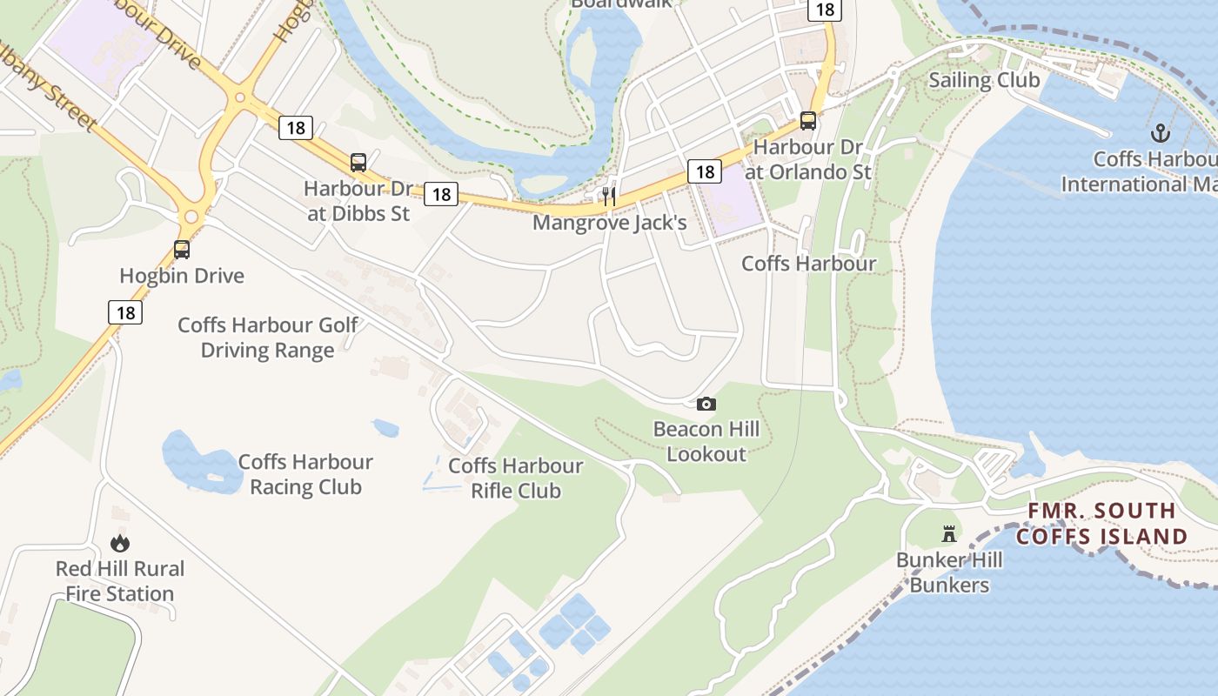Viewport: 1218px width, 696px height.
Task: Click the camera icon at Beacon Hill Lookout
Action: coord(706,404)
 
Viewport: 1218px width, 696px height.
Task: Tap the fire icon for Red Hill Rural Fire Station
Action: coord(120,543)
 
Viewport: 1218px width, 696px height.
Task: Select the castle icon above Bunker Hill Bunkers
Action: coord(949,533)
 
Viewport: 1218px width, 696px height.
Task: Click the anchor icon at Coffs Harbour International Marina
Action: coord(1160,133)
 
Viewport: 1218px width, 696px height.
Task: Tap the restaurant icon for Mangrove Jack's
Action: coord(609,197)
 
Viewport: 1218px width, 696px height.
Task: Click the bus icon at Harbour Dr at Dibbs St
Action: coord(358,162)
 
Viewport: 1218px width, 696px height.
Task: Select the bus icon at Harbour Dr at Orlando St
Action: coord(808,121)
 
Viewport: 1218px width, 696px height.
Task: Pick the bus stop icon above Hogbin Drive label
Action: coord(182,250)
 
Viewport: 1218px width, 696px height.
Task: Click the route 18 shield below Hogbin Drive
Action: coord(125,312)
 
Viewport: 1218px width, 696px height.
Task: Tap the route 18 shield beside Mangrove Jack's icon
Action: coord(705,171)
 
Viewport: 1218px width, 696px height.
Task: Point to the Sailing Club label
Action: coord(984,80)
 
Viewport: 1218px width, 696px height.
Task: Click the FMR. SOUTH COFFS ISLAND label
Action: coord(1101,524)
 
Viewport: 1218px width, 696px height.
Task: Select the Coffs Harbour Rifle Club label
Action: coord(516,478)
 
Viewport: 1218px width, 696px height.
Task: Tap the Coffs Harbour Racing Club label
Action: coord(305,474)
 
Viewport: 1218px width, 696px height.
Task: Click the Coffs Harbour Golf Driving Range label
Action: coord(268,338)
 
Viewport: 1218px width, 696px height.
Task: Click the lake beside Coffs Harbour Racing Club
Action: coord(197,461)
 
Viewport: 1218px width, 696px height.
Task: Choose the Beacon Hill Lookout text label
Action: coord(706,441)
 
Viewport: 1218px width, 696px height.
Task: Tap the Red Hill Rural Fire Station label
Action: coord(120,581)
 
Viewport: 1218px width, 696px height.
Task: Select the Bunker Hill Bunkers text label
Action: coord(949,572)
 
